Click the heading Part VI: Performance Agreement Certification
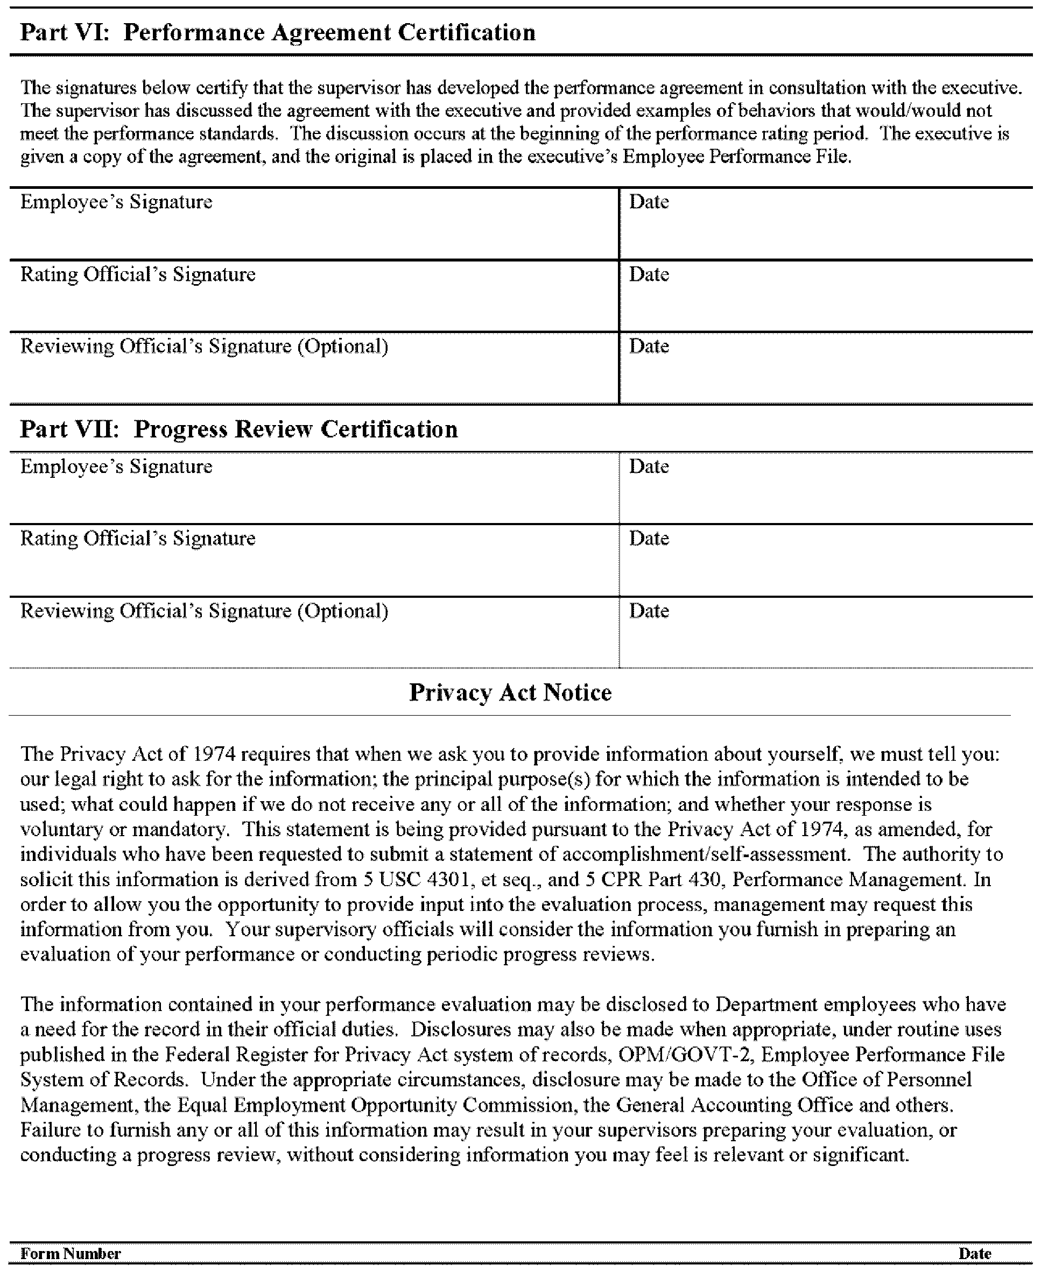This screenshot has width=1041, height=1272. [x=278, y=33]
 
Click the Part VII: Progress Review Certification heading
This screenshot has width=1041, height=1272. [x=238, y=429]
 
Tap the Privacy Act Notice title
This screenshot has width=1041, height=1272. [x=510, y=692]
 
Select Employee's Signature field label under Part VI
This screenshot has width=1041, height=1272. [x=116, y=202]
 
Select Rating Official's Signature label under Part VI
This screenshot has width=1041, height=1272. [x=138, y=274]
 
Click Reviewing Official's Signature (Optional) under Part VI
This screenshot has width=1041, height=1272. [x=205, y=347]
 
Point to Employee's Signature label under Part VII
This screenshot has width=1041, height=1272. [x=116, y=467]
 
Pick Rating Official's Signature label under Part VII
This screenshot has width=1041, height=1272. [x=138, y=538]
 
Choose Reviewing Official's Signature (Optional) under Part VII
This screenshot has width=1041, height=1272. [x=205, y=611]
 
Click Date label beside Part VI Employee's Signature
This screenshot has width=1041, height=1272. [x=649, y=202]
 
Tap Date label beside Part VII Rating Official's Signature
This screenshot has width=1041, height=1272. [x=649, y=538]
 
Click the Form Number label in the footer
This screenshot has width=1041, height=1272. [x=71, y=1253]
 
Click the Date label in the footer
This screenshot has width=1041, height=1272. [x=974, y=1253]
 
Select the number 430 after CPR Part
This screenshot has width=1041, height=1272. [x=709, y=879]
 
